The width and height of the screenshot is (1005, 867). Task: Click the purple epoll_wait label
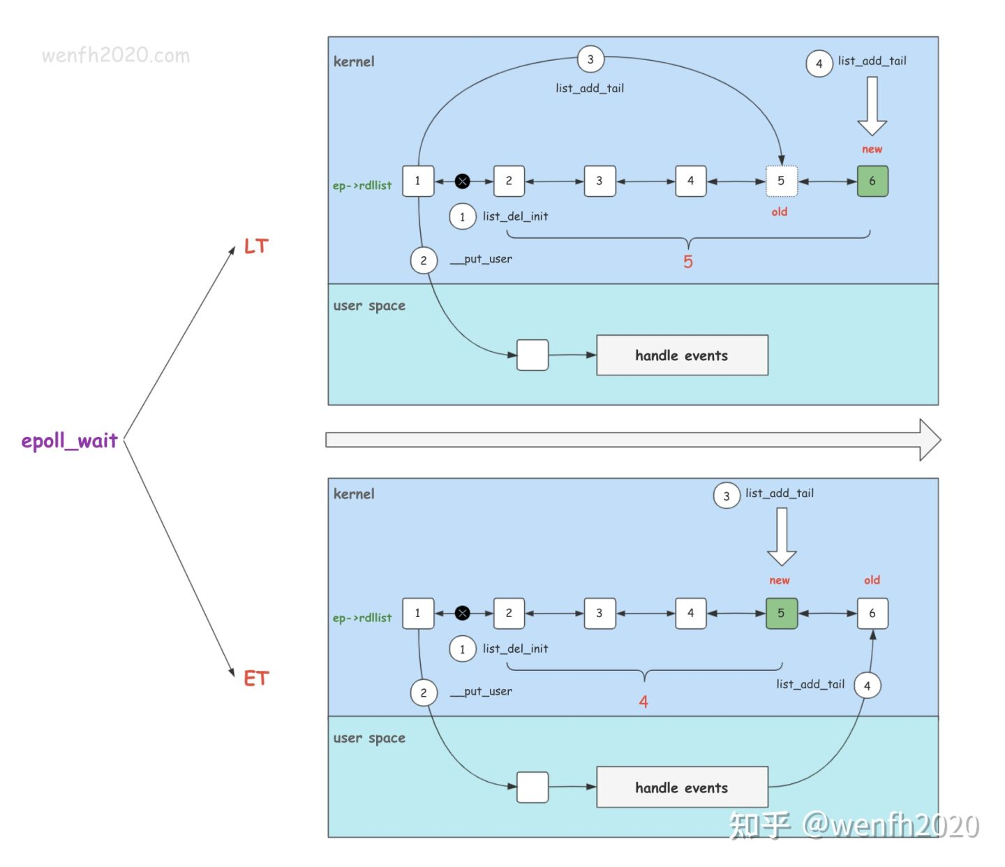tap(69, 441)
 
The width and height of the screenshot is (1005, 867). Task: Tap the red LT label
tap(256, 246)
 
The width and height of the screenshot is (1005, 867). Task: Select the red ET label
tap(256, 679)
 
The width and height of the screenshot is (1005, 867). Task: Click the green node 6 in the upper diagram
tap(872, 181)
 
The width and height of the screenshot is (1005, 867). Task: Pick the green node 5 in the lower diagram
tap(781, 614)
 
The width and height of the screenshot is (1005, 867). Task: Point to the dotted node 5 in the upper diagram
tap(781, 181)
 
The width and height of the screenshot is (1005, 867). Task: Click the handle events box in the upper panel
tap(682, 355)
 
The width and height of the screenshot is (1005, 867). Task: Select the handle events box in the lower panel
tap(682, 787)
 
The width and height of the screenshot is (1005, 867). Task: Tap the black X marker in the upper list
tap(462, 181)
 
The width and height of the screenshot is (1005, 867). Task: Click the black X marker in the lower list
tap(462, 614)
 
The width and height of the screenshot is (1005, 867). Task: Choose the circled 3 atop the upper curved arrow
tap(590, 59)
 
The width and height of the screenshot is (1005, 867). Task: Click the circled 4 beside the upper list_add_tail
tap(819, 64)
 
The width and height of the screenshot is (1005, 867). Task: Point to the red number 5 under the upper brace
tap(688, 262)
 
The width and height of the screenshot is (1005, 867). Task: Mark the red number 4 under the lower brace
tap(643, 702)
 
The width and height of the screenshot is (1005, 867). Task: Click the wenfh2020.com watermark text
tap(116, 56)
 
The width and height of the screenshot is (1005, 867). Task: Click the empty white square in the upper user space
tap(533, 355)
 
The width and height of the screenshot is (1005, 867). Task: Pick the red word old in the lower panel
tap(872, 580)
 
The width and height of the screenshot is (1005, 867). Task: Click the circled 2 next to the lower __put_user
tap(424, 692)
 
